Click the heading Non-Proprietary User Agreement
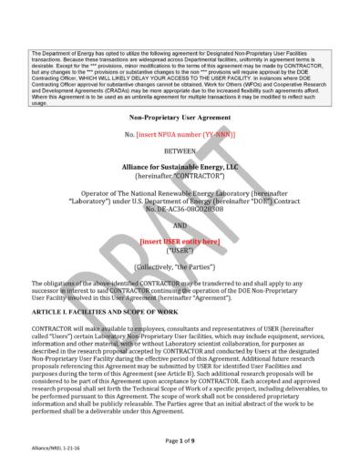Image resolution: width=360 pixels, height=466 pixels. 180,118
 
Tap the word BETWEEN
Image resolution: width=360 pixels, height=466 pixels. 180,150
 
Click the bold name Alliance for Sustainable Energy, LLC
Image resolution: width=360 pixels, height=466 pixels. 180,168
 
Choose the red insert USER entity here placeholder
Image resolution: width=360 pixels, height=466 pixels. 180,242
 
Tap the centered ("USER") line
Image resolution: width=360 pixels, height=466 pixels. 180,252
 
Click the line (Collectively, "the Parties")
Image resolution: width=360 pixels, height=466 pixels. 180,269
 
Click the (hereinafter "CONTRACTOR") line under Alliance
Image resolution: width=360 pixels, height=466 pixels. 180,178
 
